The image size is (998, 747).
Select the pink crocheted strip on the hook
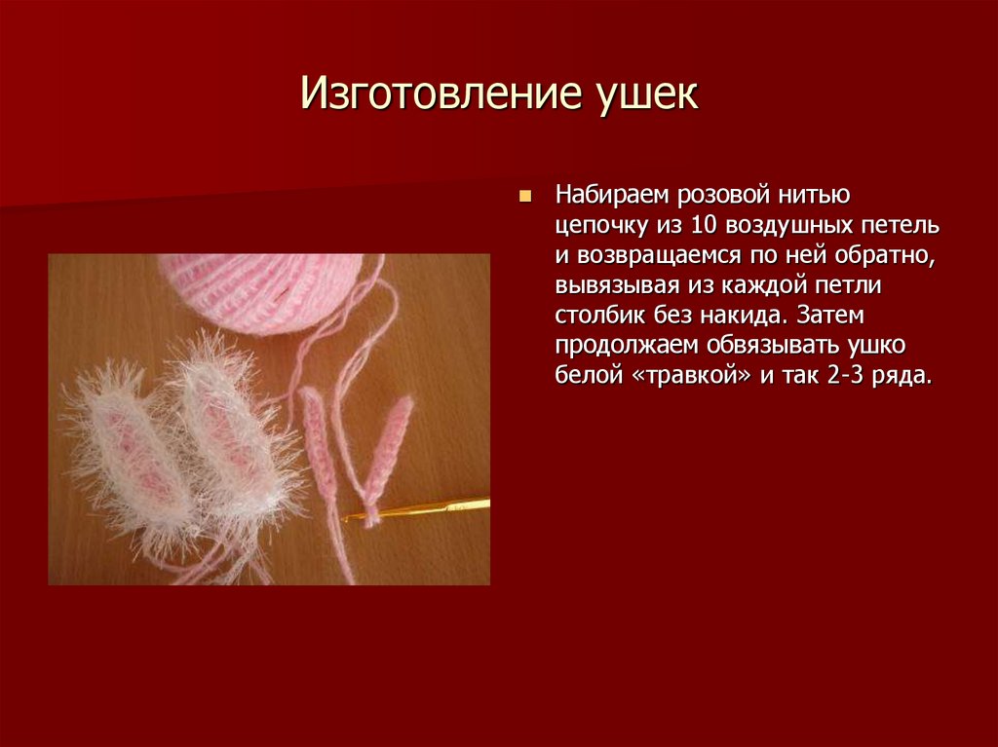point(384,458)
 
